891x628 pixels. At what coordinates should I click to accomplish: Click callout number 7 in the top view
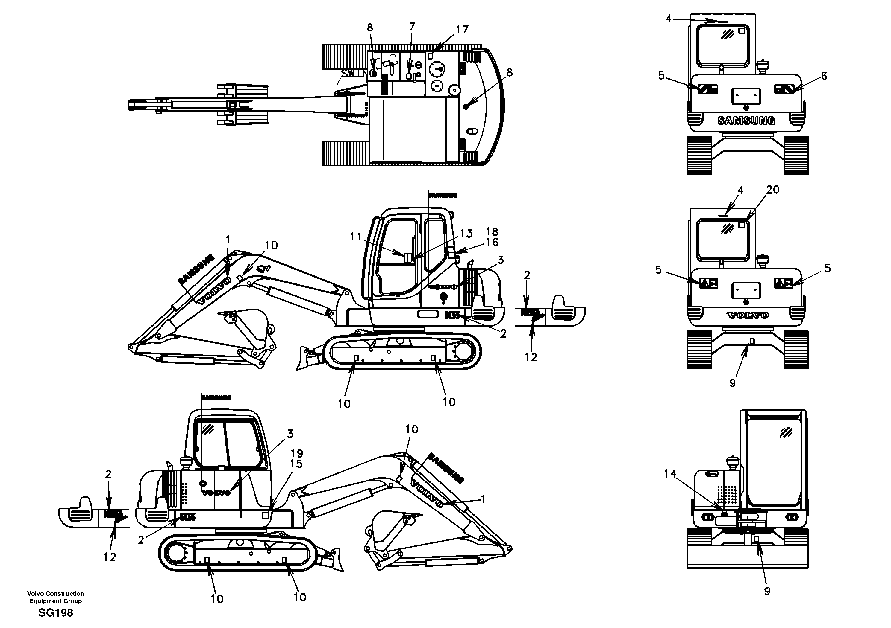click(x=412, y=26)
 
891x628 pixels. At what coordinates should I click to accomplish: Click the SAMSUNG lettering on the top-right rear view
click(x=746, y=121)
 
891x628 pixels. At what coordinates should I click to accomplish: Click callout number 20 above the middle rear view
click(x=773, y=190)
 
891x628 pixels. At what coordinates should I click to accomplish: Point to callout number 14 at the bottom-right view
click(x=670, y=474)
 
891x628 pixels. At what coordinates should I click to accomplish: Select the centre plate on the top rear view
click(x=745, y=96)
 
